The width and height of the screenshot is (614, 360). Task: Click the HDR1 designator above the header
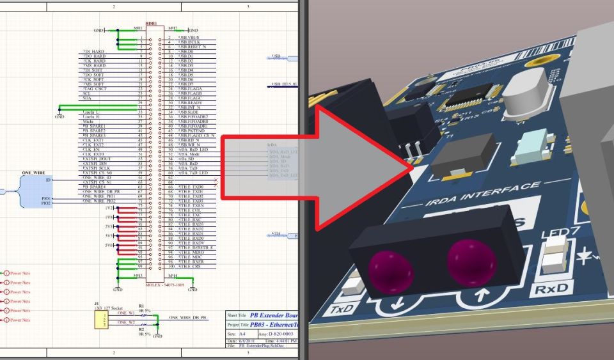click(x=150, y=24)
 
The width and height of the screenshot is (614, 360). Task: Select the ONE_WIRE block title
click(x=33, y=173)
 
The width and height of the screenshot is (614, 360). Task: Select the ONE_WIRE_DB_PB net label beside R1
click(x=187, y=317)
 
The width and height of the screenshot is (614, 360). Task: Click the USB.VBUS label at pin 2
click(x=191, y=38)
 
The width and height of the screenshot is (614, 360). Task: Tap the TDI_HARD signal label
click(x=94, y=51)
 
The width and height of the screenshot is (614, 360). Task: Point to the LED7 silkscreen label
click(x=556, y=235)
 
